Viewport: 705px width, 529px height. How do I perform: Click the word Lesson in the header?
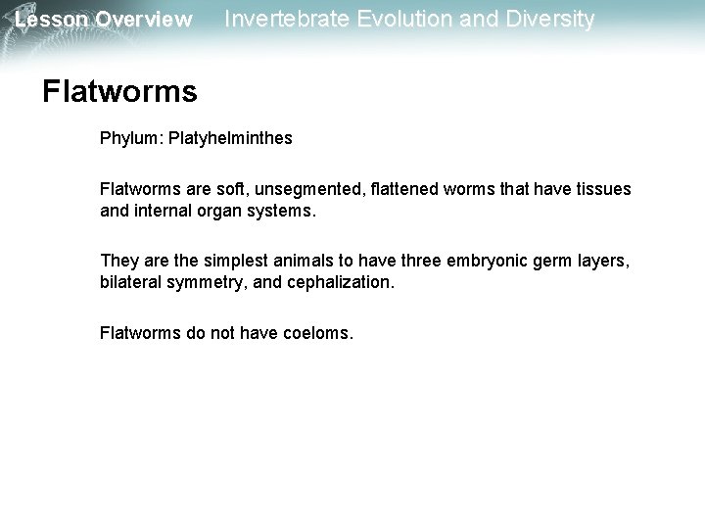tap(48, 20)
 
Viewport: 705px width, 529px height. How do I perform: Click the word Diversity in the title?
tap(542, 19)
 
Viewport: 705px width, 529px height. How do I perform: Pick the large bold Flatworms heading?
tap(119, 92)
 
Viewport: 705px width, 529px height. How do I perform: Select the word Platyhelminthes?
tap(230, 139)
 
